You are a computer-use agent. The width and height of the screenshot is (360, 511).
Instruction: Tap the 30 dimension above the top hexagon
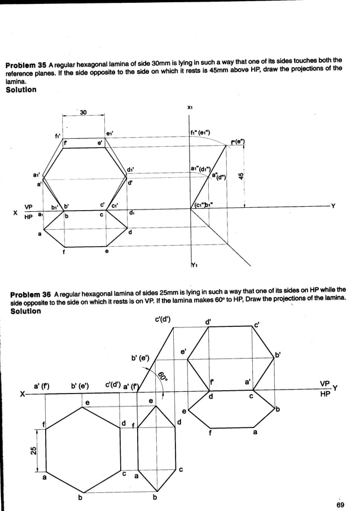click(83, 113)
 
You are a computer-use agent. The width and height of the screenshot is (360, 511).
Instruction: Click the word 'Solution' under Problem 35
click(21, 89)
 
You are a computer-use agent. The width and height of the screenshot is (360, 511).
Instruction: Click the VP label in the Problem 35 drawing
click(27, 206)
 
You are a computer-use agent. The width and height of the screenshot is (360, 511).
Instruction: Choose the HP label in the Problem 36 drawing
click(325, 394)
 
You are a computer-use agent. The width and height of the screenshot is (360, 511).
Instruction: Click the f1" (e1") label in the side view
click(201, 133)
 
